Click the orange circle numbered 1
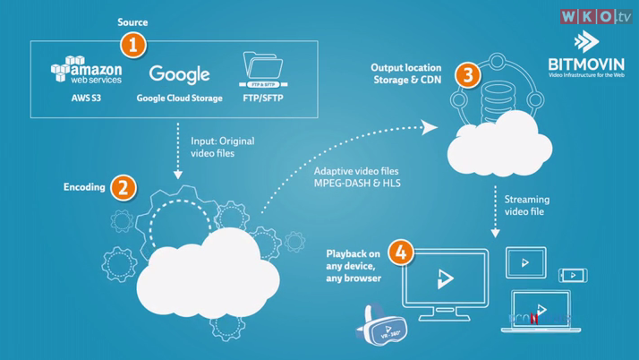pos(132,43)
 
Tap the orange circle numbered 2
pos(124,187)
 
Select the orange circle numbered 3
pos(465,74)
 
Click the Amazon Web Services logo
pos(87,71)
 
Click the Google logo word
pos(179,74)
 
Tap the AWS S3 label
pos(88,98)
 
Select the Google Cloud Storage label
pos(179,98)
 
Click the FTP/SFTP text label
pos(263,98)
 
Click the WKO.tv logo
pos(595,17)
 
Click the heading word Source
pos(132,22)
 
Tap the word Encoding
pos(84,188)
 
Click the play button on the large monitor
pos(445,279)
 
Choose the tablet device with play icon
pos(525,262)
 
